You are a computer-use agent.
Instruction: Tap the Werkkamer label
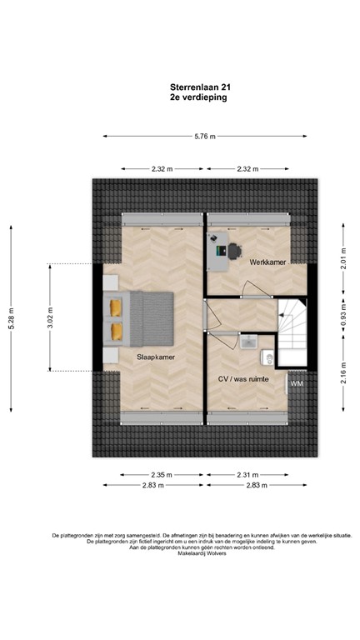click(x=267, y=262)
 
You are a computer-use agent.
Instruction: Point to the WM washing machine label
click(x=297, y=383)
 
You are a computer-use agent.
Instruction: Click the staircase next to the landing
click(x=292, y=332)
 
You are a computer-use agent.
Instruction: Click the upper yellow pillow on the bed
click(x=116, y=307)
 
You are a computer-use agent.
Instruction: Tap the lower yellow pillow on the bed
click(x=116, y=331)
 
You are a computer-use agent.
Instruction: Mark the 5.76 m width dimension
click(x=205, y=136)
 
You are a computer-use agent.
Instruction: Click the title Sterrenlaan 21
click(x=195, y=85)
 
